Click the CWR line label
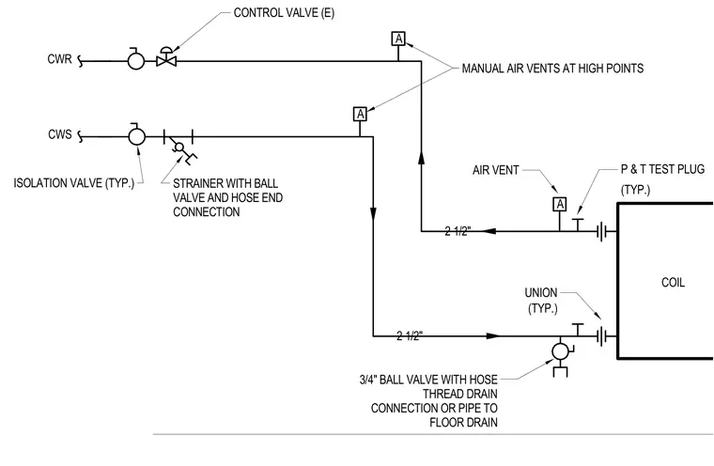tap(59, 59)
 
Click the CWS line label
tap(60, 135)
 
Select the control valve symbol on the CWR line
tap(166, 57)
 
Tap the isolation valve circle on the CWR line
tap(135, 60)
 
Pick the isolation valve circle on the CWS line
tap(136, 136)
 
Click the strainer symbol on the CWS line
tap(178, 146)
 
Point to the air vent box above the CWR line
tap(398, 39)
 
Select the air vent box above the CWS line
tap(360, 114)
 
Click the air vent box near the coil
tap(560, 204)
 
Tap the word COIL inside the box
tap(673, 283)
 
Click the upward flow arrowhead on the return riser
tap(421, 158)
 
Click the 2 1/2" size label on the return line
tap(458, 231)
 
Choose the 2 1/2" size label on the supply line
tap(410, 336)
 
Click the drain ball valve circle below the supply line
tap(560, 351)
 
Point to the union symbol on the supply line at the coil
tap(601, 336)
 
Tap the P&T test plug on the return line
tap(578, 225)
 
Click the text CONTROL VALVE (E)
tap(284, 13)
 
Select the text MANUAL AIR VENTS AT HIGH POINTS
tap(552, 69)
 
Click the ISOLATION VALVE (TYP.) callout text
tap(74, 183)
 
